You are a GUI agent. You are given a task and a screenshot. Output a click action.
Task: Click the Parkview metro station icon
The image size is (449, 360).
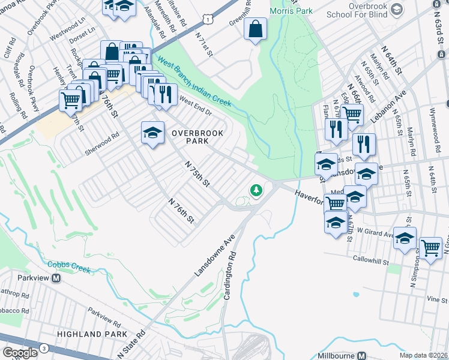(56, 278)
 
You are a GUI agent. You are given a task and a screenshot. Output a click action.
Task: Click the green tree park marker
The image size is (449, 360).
(256, 191)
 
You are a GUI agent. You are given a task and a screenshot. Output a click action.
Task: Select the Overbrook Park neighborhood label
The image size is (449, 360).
(189, 137)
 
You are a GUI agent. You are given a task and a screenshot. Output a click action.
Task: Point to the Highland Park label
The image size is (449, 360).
(92, 334)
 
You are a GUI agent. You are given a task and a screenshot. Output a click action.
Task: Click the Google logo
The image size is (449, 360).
(20, 353)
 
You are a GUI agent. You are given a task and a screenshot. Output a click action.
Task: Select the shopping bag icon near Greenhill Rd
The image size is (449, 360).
(255, 29)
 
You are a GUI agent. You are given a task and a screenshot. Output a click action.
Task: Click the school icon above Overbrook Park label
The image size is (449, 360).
(153, 133)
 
